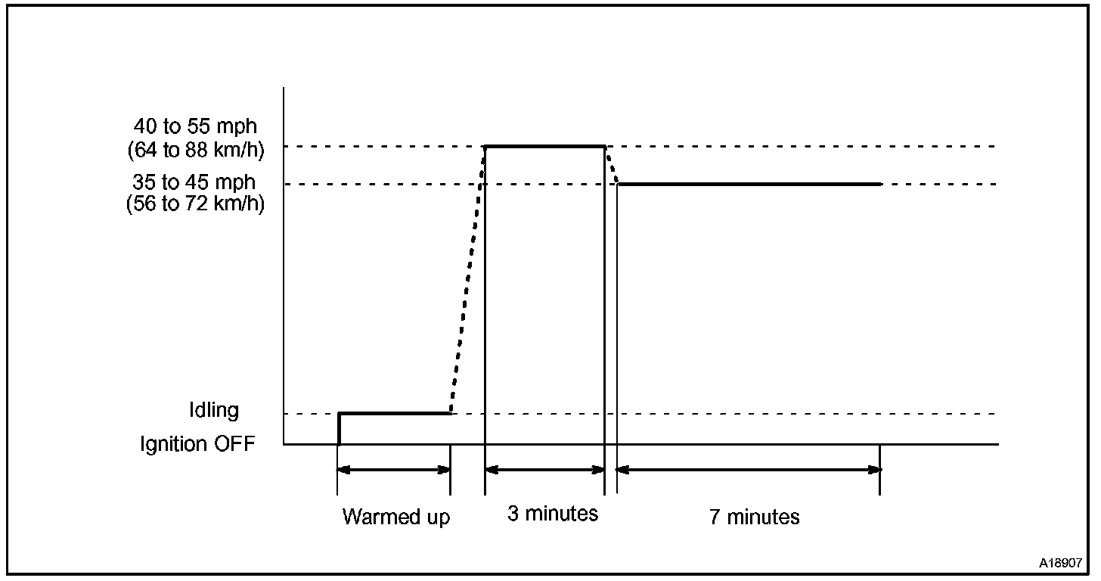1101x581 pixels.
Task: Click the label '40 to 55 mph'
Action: (x=194, y=126)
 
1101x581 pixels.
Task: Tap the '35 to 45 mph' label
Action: (x=194, y=182)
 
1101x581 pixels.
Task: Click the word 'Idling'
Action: (x=214, y=410)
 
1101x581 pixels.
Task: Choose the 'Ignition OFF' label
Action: (x=197, y=444)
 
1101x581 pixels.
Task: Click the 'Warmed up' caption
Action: (x=395, y=517)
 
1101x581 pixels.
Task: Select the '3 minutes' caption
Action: (x=552, y=514)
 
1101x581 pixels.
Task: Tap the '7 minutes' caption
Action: (x=754, y=517)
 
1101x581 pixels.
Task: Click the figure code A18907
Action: (x=1060, y=564)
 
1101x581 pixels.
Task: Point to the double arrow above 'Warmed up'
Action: (x=394, y=470)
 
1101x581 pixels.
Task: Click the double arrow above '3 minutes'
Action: (x=544, y=470)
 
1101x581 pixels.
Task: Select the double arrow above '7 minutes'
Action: (x=749, y=470)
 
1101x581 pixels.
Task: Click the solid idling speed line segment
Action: (x=394, y=413)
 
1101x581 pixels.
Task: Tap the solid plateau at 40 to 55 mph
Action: (x=544, y=145)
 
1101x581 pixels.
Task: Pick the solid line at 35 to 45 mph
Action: (x=749, y=184)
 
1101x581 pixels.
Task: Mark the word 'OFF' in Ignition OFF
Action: (x=234, y=444)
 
